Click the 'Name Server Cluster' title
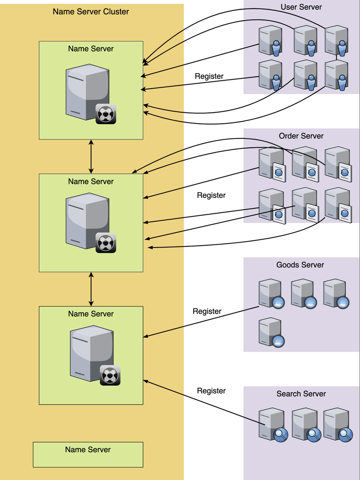91,12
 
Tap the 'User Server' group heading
301,7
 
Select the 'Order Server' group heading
301,136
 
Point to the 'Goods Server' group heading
300,265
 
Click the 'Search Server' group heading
301,394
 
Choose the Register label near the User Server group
209,76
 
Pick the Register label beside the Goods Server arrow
207,311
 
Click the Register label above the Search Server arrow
211,391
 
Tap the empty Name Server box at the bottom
88,454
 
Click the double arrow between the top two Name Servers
91,156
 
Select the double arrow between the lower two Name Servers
91,289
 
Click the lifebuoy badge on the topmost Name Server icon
106,114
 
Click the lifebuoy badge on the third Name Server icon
110,375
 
